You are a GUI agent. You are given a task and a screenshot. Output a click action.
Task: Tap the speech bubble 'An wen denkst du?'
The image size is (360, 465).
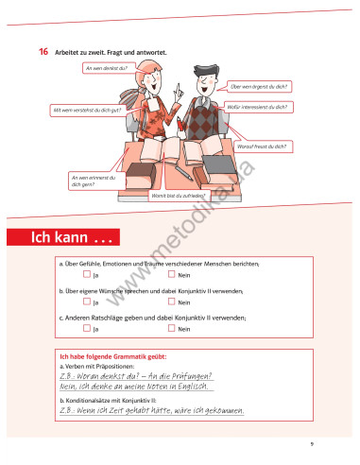106,69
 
